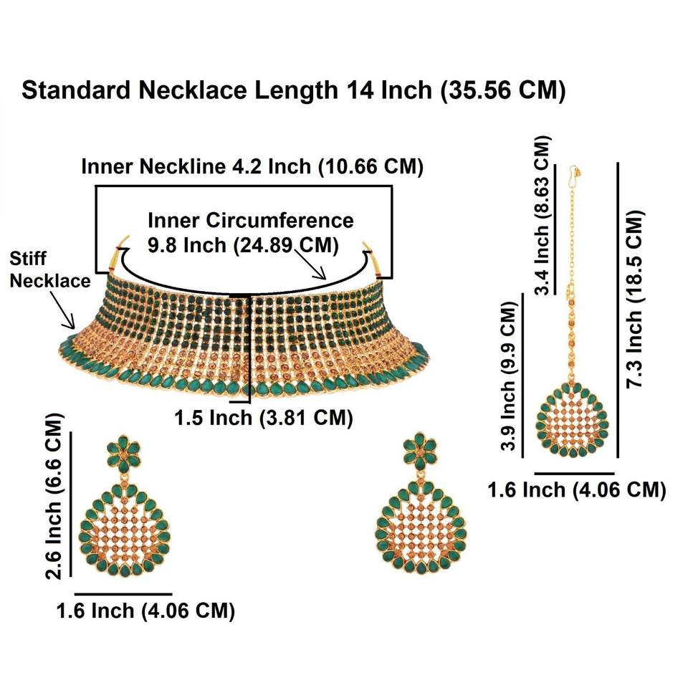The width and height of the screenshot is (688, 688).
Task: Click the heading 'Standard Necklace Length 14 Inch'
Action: click(295, 91)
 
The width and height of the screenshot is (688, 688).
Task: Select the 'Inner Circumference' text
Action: click(250, 219)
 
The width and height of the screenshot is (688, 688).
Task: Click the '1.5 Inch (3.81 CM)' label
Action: click(264, 418)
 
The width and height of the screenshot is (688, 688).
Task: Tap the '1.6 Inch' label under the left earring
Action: click(145, 611)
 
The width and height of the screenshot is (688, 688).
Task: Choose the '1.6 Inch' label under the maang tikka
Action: click(577, 490)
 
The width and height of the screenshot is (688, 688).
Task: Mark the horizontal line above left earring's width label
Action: click(123, 594)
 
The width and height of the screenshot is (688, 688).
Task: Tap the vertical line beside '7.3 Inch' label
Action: click(617, 308)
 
